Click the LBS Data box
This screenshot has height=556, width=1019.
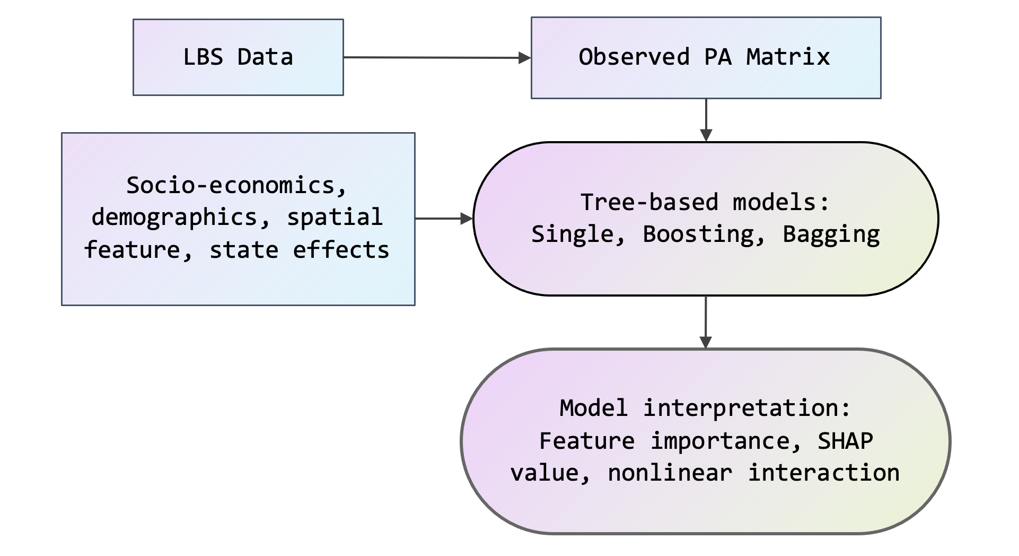pos(238,57)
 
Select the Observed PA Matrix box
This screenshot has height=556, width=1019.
pos(706,58)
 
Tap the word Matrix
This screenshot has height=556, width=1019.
pos(788,57)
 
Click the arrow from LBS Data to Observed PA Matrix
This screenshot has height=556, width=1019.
pos(437,57)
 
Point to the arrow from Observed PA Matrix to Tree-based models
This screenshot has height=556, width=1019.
pos(706,120)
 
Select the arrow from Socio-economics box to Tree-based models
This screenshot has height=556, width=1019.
pos(444,218)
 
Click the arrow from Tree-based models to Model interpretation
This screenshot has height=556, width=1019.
pos(706,322)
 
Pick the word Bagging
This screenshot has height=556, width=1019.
pos(831,234)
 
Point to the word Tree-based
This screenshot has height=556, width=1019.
pos(649,202)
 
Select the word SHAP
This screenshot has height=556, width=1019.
pos(845,441)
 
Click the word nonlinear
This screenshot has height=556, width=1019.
pos(670,473)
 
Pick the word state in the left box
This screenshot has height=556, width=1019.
pos(244,250)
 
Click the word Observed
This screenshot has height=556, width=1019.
pos(634,57)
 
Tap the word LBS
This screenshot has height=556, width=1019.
pos(203,57)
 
